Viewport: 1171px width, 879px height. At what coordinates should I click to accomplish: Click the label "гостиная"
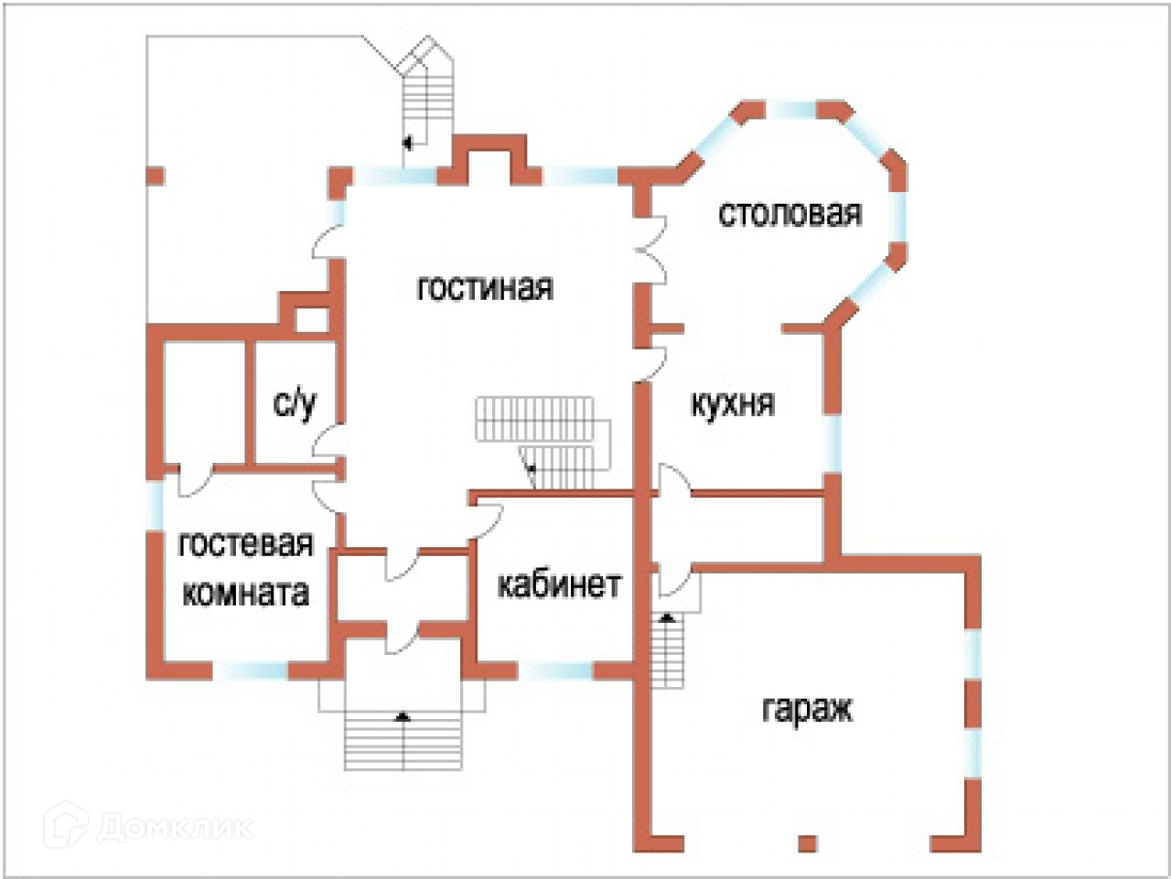pyautogui.click(x=485, y=288)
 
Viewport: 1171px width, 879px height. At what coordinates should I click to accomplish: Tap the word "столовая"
pyautogui.click(x=790, y=214)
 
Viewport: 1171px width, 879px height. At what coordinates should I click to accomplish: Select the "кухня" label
pyautogui.click(x=732, y=403)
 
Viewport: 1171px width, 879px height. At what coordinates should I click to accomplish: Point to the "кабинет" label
pyautogui.click(x=559, y=584)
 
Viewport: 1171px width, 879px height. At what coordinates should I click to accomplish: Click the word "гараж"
pyautogui.click(x=807, y=709)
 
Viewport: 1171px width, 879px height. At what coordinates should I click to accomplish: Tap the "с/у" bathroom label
pyautogui.click(x=295, y=403)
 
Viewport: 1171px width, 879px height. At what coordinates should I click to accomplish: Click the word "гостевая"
pyautogui.click(x=245, y=544)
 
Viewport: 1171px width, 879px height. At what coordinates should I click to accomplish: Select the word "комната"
pyautogui.click(x=245, y=593)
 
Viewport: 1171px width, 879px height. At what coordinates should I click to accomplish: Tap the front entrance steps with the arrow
pyautogui.click(x=403, y=739)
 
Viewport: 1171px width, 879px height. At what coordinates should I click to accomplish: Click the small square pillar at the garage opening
pyautogui.click(x=806, y=842)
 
